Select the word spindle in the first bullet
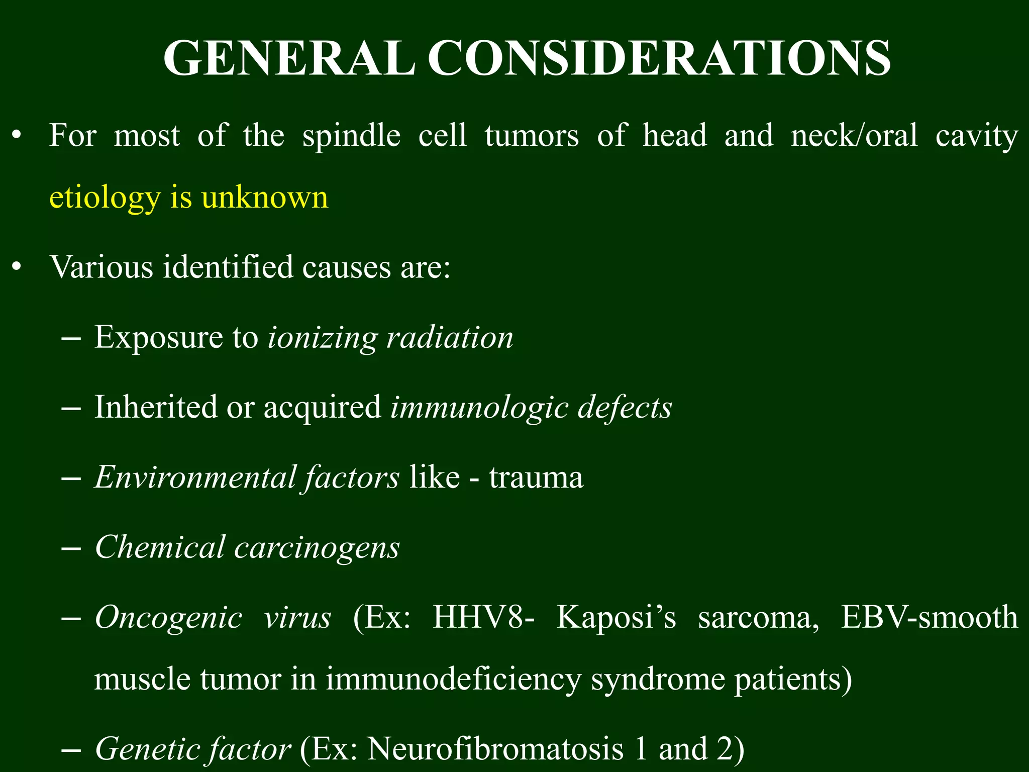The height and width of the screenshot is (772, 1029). (x=351, y=136)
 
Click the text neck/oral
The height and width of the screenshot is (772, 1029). (x=854, y=136)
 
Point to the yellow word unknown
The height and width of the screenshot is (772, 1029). (x=265, y=197)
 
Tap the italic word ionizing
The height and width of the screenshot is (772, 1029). (x=322, y=338)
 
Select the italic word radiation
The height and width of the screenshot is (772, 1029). (x=450, y=337)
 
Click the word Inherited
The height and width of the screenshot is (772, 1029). (x=156, y=407)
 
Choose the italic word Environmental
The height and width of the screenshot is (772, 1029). (x=196, y=476)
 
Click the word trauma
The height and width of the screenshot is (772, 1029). (x=536, y=477)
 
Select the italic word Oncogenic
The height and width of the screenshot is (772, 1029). (x=168, y=617)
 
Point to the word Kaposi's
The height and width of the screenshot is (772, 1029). (x=616, y=617)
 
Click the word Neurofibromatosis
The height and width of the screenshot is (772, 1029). (x=495, y=749)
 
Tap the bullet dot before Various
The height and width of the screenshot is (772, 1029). (x=17, y=267)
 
